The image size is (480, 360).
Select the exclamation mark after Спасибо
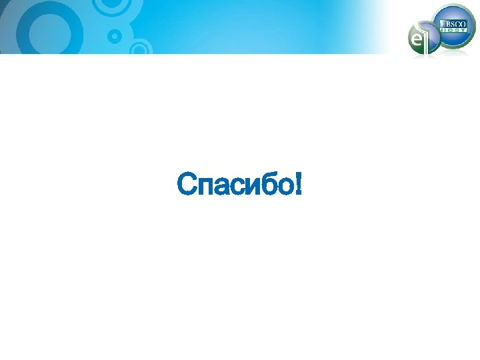pyautogui.click(x=296, y=184)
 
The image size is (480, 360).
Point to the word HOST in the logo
pyautogui.click(x=453, y=31)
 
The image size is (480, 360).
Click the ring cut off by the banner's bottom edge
pyautogui.click(x=140, y=48)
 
